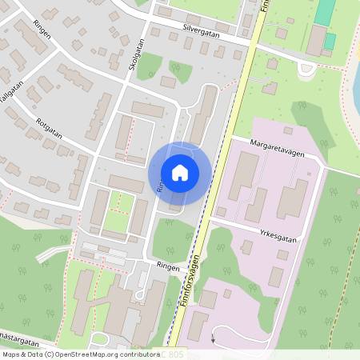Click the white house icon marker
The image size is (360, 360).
tap(180, 173)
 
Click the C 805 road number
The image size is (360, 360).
tap(174, 354)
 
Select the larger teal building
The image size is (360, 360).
tap(326, 11)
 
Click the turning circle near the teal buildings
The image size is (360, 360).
tap(305, 68)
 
